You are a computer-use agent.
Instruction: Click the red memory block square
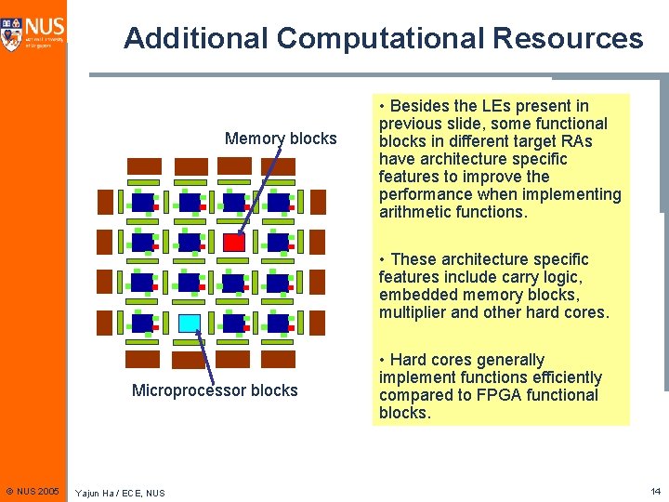(234, 243)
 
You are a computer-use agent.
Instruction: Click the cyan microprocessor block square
(190, 324)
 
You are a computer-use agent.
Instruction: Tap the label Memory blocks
(281, 139)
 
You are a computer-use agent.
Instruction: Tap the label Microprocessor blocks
(215, 390)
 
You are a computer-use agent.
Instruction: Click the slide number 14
(655, 490)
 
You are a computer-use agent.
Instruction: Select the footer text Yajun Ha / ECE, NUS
(120, 493)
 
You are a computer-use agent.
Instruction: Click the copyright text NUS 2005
(37, 491)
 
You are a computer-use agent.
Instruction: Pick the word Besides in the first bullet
(421, 106)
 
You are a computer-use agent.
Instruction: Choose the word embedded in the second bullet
(415, 295)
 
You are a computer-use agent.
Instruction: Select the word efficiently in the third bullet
(567, 377)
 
